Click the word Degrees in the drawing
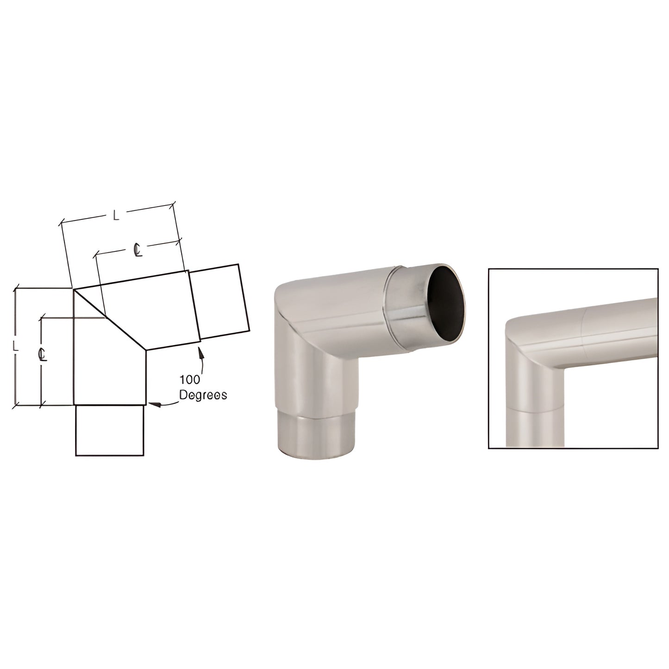coord(203,395)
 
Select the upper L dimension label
coord(117,214)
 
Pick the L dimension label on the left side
coord(16,346)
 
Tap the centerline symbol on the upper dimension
coord(138,250)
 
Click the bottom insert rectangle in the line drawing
coord(110,430)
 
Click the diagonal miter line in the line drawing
coord(110,319)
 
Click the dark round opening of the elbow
coord(446,304)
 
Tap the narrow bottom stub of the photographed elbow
coord(318,435)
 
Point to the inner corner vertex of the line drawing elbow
coord(146,351)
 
